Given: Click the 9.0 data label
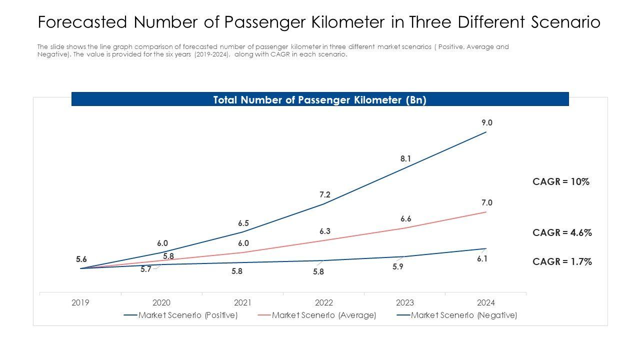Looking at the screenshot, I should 487,122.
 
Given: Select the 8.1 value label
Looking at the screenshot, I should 405,159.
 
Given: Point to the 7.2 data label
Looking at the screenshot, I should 325,195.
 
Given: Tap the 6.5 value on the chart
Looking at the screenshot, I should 243,223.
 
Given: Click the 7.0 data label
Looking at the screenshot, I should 487,202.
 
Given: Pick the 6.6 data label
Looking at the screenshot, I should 405,219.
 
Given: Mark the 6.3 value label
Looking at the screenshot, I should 325,231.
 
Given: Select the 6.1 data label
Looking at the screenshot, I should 482,259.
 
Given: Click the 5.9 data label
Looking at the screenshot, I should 398,267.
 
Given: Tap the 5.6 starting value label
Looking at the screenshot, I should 81,259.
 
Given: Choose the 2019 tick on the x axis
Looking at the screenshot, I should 80,302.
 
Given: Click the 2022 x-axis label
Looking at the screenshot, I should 324,302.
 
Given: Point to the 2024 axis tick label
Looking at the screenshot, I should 486,302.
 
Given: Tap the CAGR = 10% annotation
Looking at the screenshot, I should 561,182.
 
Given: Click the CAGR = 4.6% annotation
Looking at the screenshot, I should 562,232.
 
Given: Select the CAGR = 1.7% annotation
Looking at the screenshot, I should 562,261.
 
